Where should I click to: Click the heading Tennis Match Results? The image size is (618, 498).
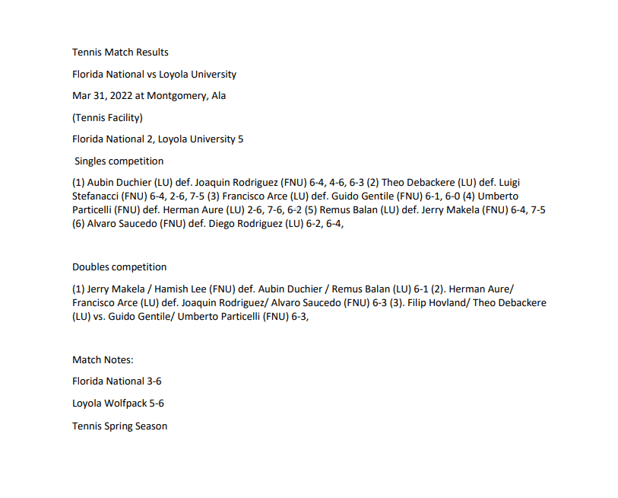(x=120, y=53)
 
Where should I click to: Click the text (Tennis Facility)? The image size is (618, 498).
(x=107, y=117)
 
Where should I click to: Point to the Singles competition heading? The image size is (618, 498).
(x=119, y=161)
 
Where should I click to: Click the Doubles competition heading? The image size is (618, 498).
(x=119, y=267)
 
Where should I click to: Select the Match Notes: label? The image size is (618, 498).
(x=103, y=359)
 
